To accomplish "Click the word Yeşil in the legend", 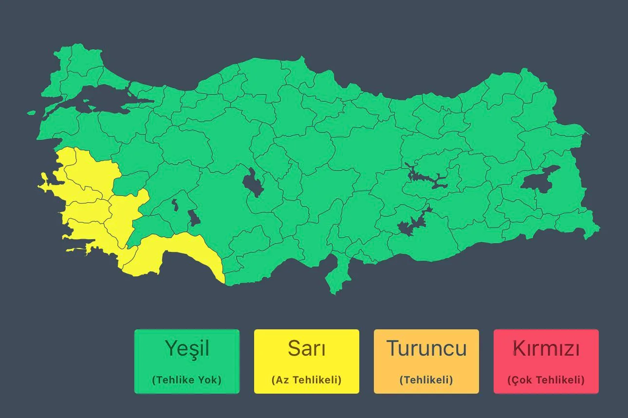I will [187, 348].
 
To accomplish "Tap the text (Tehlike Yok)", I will [187, 380].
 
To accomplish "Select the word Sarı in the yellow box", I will [307, 348].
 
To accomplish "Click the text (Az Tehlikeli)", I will [307, 380].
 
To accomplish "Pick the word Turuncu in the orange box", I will [426, 348].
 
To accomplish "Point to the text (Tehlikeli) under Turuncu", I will [426, 380].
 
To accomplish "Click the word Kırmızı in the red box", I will [546, 348].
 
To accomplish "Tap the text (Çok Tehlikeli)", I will [546, 380].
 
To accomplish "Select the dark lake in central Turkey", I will [252, 182].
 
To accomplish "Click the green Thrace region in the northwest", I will [78, 73].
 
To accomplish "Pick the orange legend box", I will [426, 361].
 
